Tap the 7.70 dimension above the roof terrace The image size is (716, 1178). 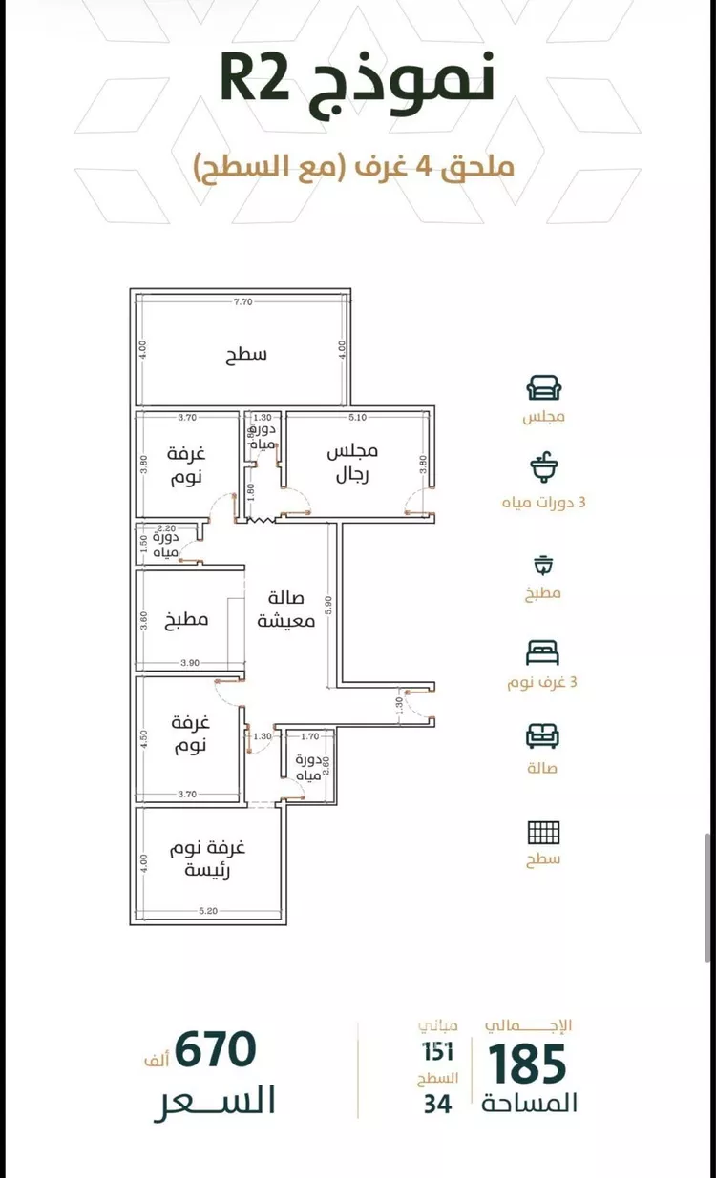click(x=242, y=303)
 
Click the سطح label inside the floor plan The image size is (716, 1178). click(x=246, y=355)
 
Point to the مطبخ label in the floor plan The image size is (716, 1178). click(x=191, y=619)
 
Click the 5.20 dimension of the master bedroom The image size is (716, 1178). click(x=208, y=912)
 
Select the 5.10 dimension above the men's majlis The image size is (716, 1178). click(x=357, y=417)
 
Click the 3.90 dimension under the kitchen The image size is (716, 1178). click(x=189, y=663)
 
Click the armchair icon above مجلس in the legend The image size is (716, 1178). click(x=544, y=387)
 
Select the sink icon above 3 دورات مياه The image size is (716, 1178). click(x=544, y=468)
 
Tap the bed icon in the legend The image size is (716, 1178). click(x=543, y=652)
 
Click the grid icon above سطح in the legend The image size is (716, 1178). click(x=544, y=832)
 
